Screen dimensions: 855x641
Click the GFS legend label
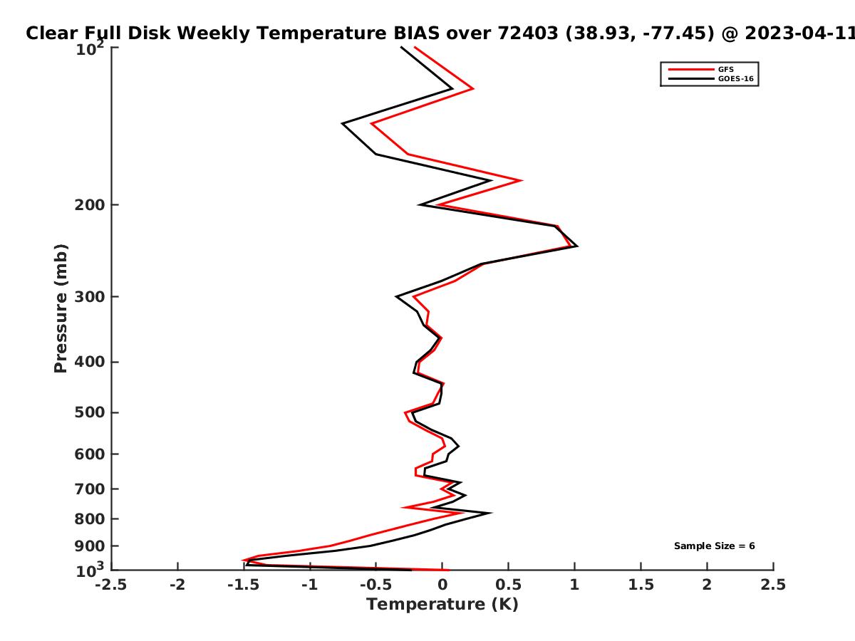tap(725, 70)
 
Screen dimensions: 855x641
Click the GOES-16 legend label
tap(736, 79)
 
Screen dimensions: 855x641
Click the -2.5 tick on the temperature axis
tap(111, 585)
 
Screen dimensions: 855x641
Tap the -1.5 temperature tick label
tap(244, 585)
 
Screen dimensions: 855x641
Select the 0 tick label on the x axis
tap(442, 585)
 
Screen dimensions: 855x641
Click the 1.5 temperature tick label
tap(641, 585)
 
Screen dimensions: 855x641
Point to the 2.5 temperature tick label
tap(773, 585)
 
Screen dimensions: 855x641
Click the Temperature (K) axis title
tap(442, 605)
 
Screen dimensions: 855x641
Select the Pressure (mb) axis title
tap(61, 308)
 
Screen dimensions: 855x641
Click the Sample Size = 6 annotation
tap(715, 546)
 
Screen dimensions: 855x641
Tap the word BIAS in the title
tap(416, 33)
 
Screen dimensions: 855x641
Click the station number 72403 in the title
tap(528, 33)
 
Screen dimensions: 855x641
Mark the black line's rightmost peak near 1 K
tap(577, 246)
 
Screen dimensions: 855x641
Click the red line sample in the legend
tap(691, 70)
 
